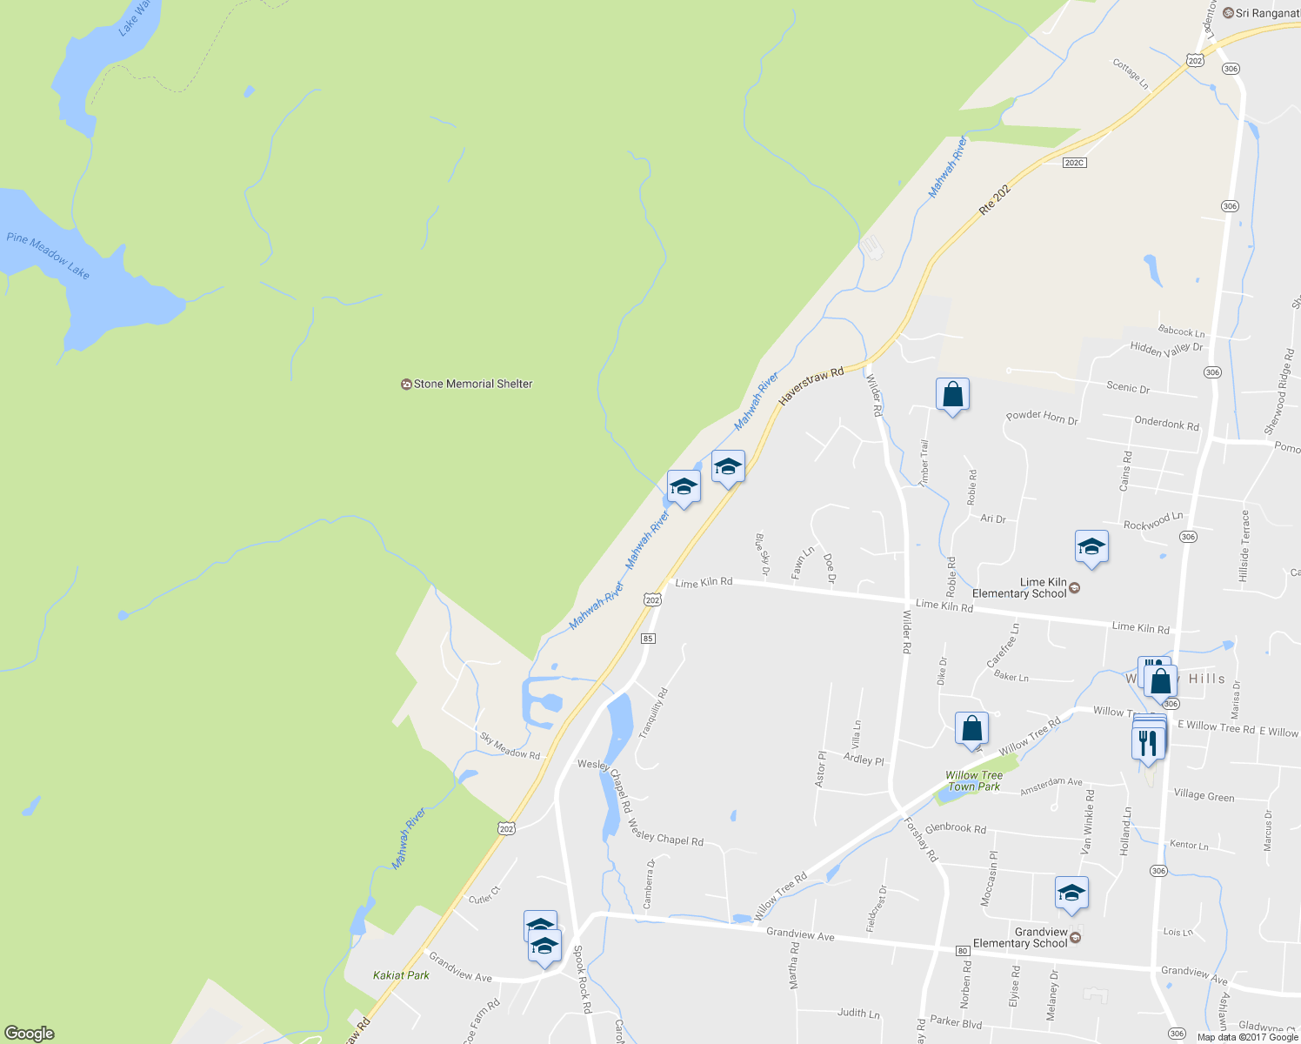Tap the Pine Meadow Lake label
48,255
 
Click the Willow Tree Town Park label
974,780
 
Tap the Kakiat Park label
401,975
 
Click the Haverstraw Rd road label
811,385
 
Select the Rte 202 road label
995,199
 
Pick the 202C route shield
1075,163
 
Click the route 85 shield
647,639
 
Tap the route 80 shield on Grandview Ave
963,950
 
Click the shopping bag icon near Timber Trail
952,394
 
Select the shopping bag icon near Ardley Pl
971,728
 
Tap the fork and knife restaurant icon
1148,742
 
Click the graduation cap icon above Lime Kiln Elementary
1091,547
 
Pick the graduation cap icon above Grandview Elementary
1071,893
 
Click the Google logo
29,1034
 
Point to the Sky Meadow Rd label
510,746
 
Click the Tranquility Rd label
653,713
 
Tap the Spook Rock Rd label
582,979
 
